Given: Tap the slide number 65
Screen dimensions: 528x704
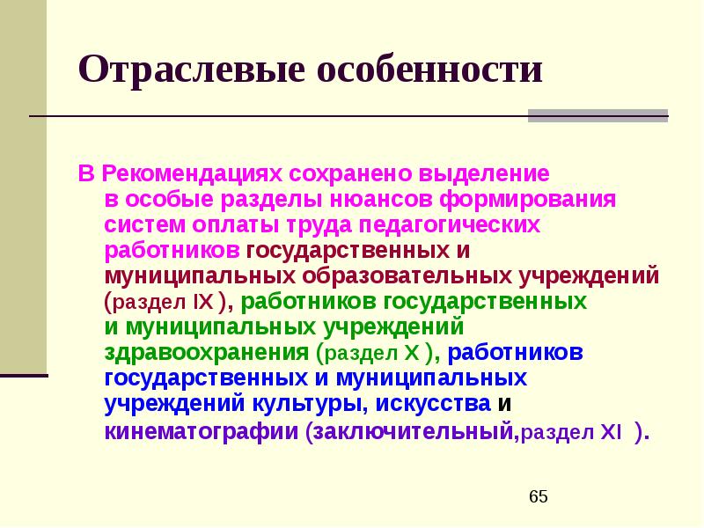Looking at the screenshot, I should click(539, 498).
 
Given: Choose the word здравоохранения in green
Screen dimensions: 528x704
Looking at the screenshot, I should click(206, 353).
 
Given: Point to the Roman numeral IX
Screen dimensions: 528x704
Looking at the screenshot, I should click(202, 302).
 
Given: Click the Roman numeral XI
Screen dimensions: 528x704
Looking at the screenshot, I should click(611, 432).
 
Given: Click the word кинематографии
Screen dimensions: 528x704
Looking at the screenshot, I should click(201, 431).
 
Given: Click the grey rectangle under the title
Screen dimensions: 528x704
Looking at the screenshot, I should click(598, 115).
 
